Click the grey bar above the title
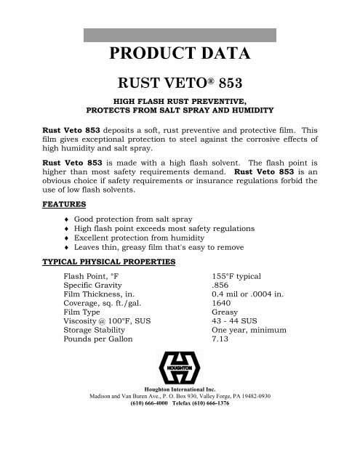point(180,35)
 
